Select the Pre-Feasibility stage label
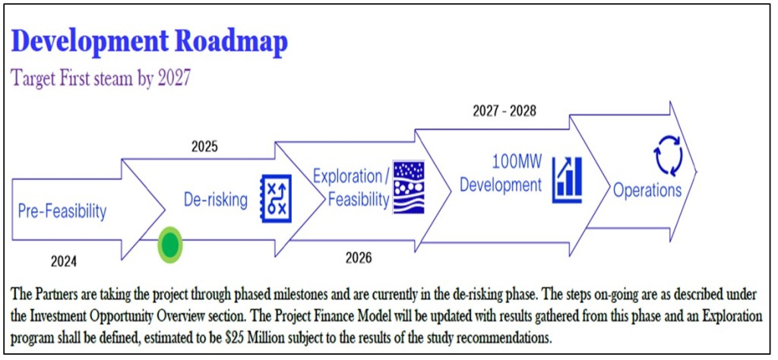point(62,211)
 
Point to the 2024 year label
point(64,262)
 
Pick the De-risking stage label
point(216,201)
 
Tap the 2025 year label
point(204,147)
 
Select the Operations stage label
point(647,190)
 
